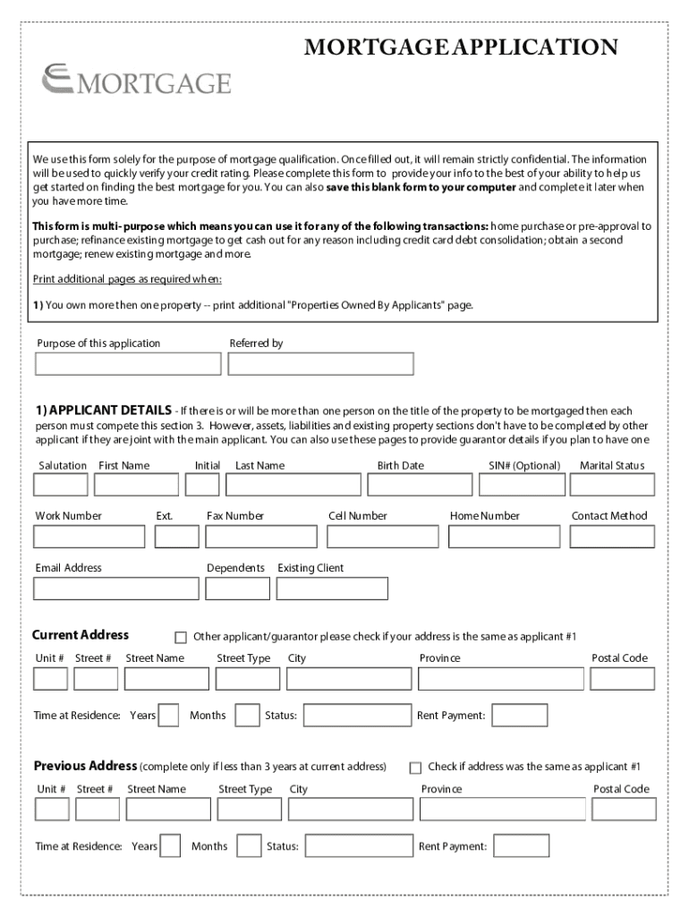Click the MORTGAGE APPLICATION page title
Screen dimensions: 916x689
pos(461,47)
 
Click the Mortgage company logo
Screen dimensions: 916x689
pos(136,81)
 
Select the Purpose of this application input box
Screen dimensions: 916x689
pos(128,364)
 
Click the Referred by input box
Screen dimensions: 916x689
pos(320,364)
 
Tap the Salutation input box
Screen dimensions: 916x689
pos(60,485)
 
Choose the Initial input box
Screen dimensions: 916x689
pos(202,485)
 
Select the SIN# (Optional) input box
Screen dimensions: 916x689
pos(523,485)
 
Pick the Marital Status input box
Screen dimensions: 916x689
pos(613,485)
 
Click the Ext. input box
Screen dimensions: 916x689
pos(176,537)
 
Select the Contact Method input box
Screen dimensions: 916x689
pos(613,537)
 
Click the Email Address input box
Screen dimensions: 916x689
pos(116,589)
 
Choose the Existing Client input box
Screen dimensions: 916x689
pos(332,589)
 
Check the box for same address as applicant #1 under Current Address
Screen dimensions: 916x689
pos(181,638)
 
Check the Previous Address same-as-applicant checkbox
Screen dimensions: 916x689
pos(415,768)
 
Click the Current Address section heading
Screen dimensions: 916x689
pos(81,635)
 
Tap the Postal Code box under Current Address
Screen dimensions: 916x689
pos(622,680)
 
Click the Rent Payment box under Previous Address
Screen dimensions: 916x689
pos(521,846)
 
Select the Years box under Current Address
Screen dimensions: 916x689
pos(168,716)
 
